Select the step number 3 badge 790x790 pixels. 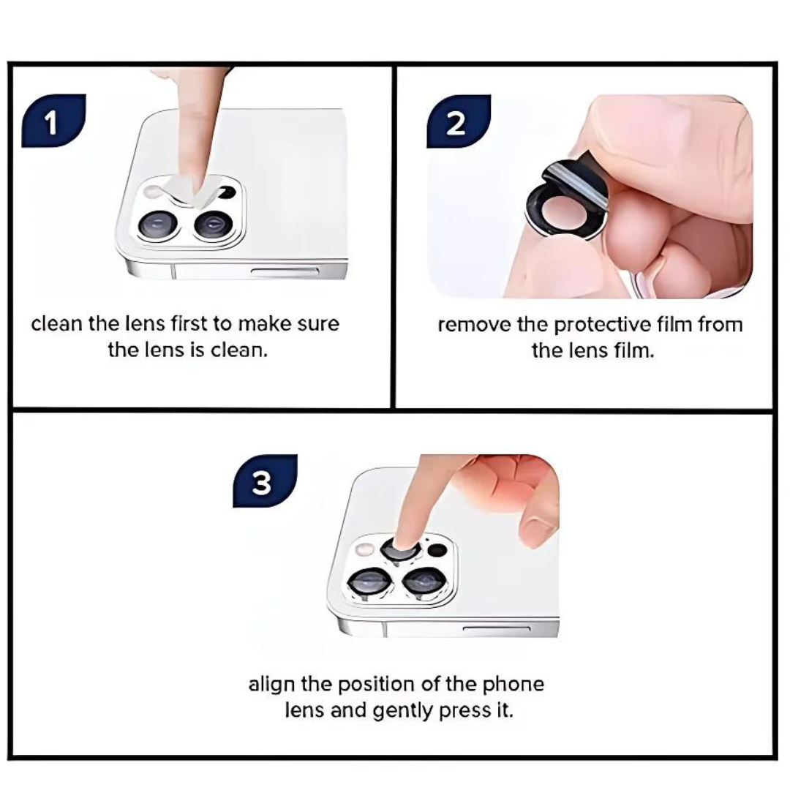click(x=263, y=482)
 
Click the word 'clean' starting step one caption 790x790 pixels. click(x=57, y=324)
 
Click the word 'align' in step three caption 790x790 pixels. click(x=270, y=685)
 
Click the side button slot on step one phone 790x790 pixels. click(x=285, y=272)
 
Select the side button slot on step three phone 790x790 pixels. click(x=497, y=628)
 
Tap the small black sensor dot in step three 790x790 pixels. click(x=437, y=550)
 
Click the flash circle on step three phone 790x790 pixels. click(x=363, y=549)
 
